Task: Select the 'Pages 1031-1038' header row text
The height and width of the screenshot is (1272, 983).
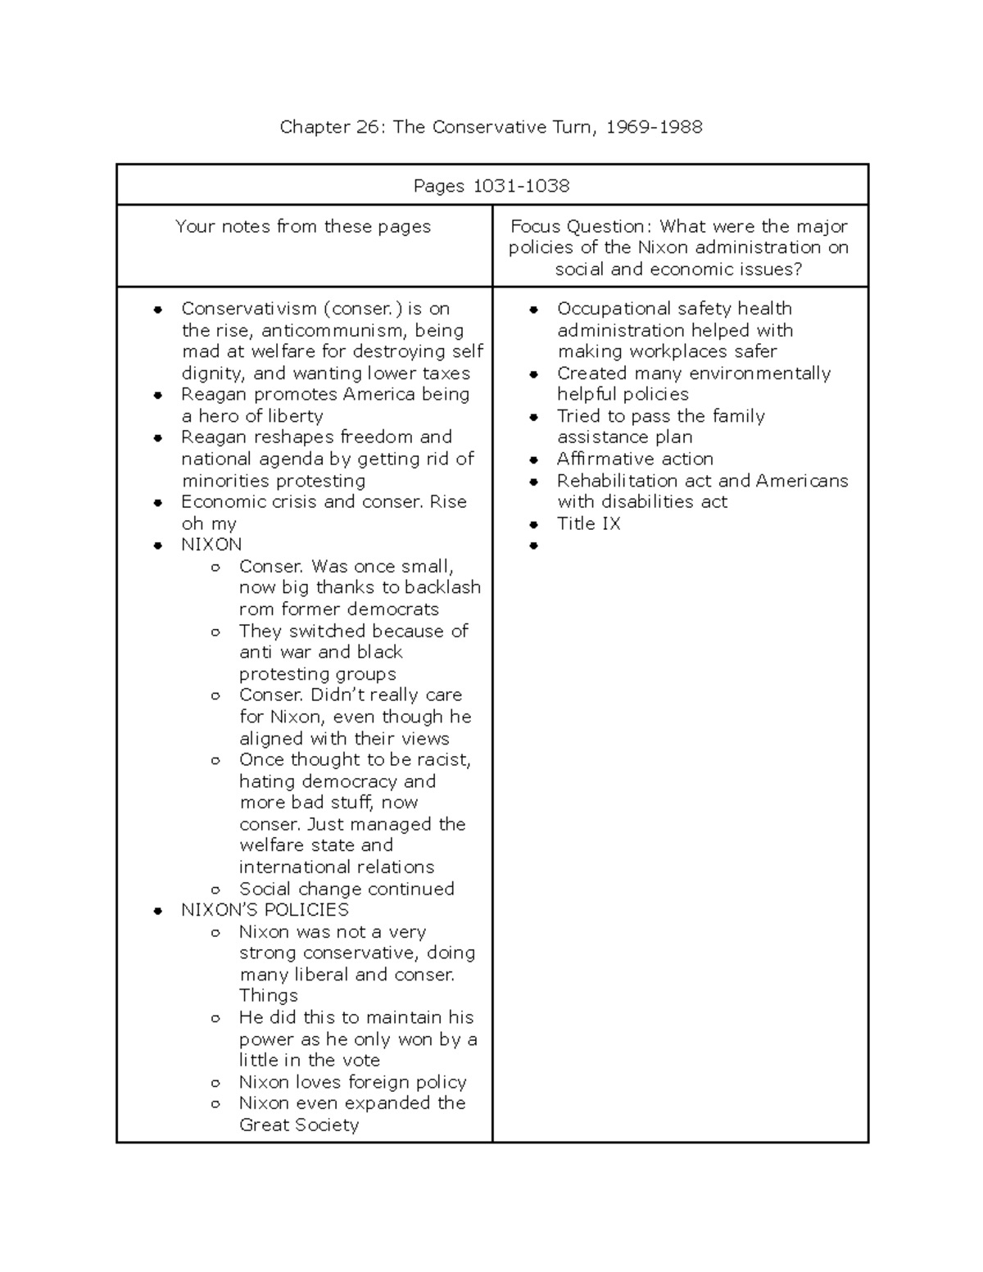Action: pyautogui.click(x=491, y=186)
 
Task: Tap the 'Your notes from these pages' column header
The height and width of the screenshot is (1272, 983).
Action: pyautogui.click(x=303, y=227)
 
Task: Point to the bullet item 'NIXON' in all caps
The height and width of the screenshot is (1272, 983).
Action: pyautogui.click(x=211, y=545)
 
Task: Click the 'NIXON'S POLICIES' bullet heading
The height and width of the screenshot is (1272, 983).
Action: pyautogui.click(x=265, y=910)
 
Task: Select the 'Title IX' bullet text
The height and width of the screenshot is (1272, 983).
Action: pyautogui.click(x=588, y=523)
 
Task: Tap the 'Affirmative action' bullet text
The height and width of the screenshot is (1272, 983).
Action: pyautogui.click(x=635, y=459)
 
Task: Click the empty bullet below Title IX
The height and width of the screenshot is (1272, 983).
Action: pyautogui.click(x=534, y=545)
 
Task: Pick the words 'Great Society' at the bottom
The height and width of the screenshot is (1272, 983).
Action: pyautogui.click(x=299, y=1125)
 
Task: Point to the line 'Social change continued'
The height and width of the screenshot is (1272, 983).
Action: pyautogui.click(x=347, y=889)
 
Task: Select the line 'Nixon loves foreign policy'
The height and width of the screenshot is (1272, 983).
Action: pyautogui.click(x=352, y=1082)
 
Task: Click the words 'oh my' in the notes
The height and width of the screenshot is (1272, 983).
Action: pyautogui.click(x=209, y=523)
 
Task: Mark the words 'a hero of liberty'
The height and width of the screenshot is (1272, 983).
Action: pyautogui.click(x=252, y=416)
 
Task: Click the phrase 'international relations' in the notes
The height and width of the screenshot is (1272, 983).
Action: pyautogui.click(x=337, y=867)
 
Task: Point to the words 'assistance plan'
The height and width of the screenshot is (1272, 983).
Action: pyautogui.click(x=625, y=437)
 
